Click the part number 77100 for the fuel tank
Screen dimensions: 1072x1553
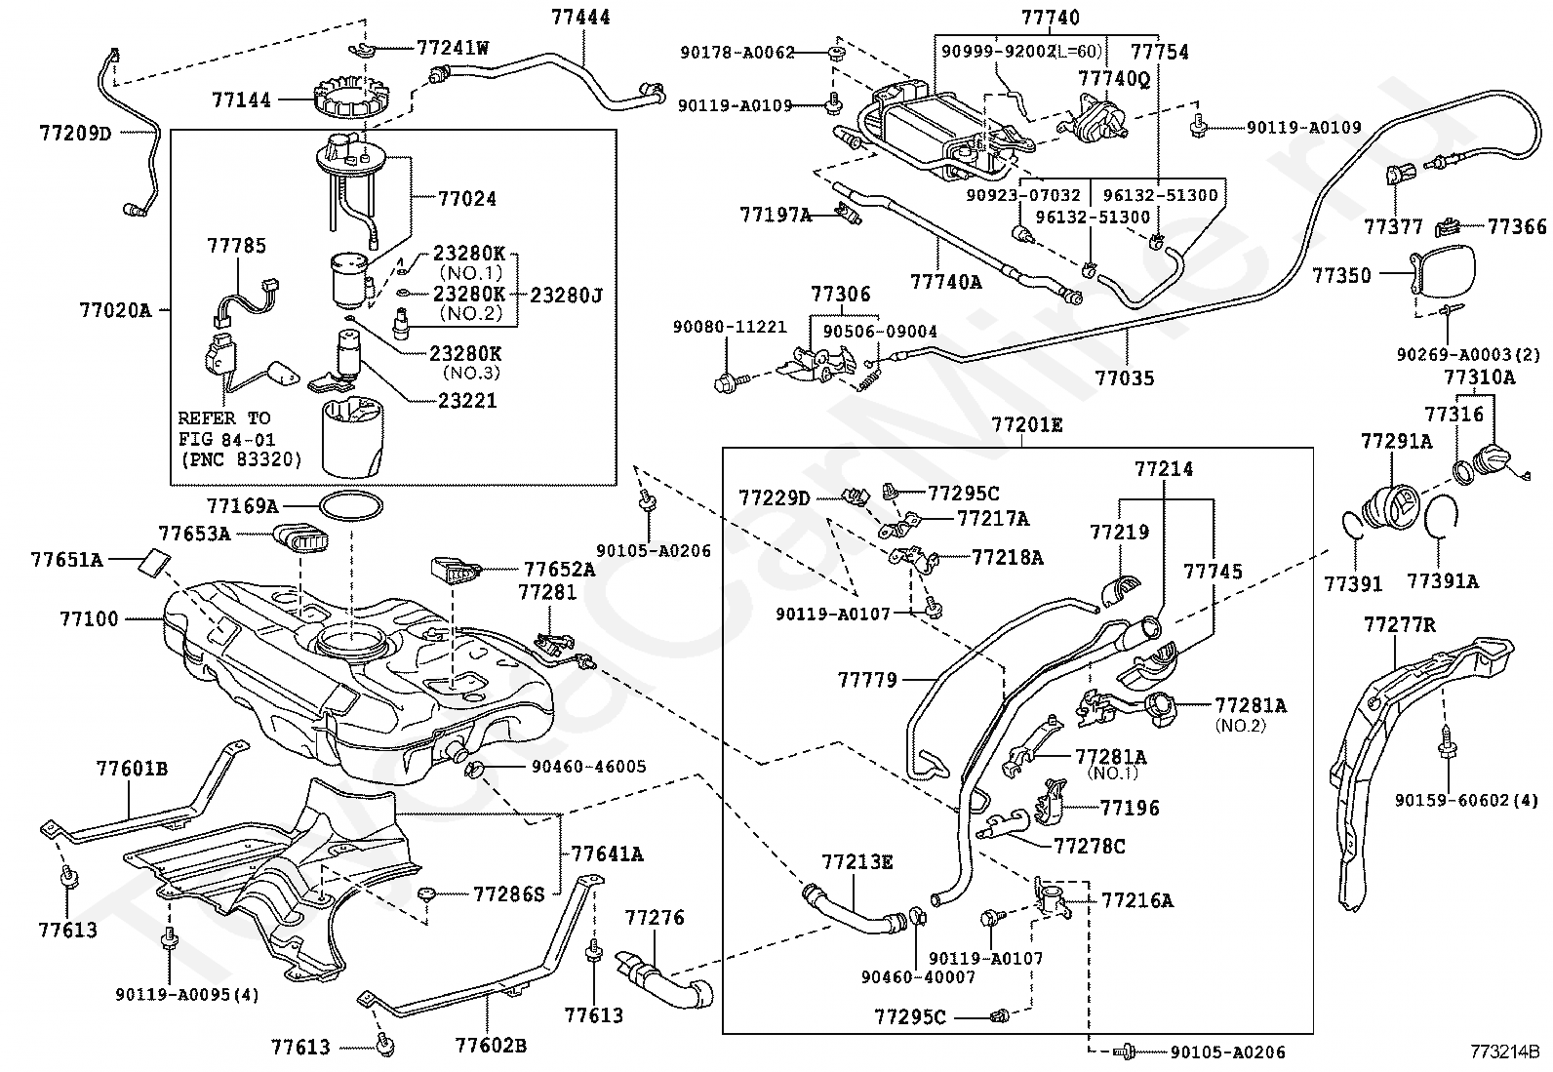pos(89,618)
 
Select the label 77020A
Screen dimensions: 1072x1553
pos(115,310)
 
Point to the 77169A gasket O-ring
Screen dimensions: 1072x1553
pos(350,506)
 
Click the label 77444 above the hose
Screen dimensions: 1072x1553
pos(580,17)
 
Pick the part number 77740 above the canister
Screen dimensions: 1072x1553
pos(1051,17)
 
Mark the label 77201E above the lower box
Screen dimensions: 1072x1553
pos(1027,424)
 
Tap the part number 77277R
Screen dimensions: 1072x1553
pos(1400,624)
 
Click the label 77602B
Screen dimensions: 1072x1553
pos(491,1047)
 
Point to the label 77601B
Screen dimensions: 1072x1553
pos(132,769)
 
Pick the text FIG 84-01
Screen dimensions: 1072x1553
pos(226,439)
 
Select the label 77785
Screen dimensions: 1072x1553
pos(236,246)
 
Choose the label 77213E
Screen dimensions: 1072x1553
pos(856,861)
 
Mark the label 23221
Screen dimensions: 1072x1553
pos(467,400)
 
